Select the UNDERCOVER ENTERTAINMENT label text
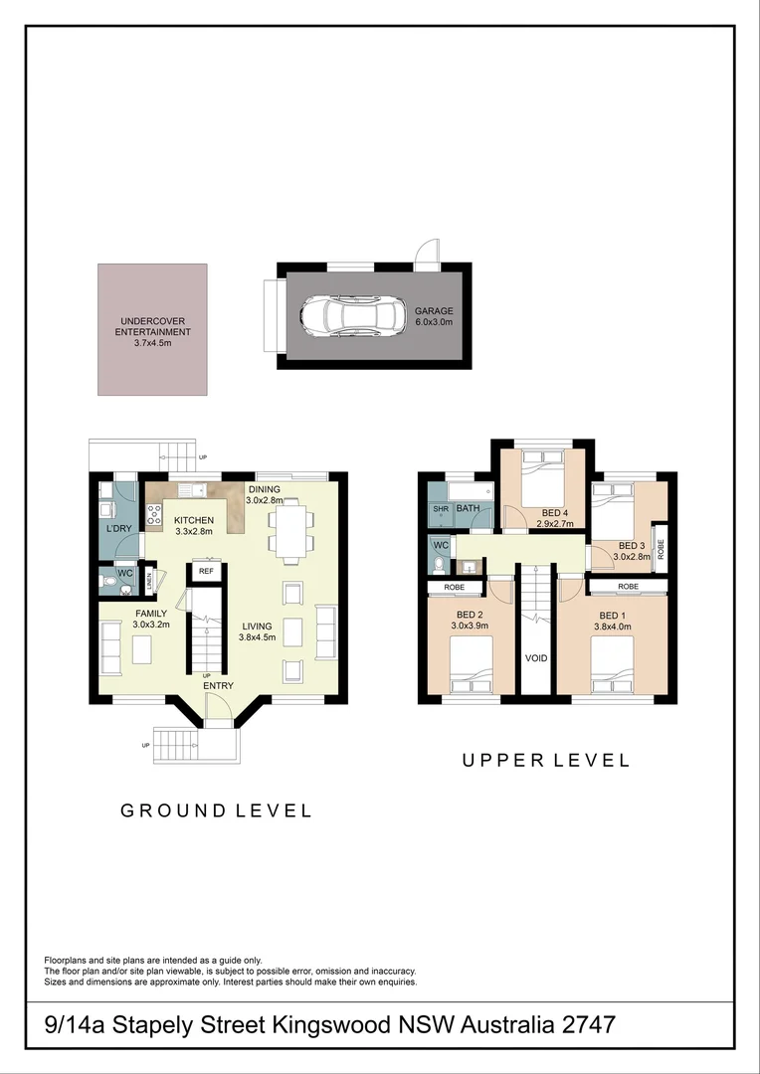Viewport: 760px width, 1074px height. pos(152,332)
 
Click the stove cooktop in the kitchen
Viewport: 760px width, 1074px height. pos(155,514)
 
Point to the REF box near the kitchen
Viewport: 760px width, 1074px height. pos(206,571)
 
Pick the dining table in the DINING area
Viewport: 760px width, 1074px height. pos(290,529)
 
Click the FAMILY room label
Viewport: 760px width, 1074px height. pos(151,614)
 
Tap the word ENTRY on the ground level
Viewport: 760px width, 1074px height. pos(219,687)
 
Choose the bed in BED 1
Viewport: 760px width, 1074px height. pos(611,661)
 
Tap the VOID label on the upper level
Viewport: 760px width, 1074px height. pos(535,658)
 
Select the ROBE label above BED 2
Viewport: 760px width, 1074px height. pos(454,588)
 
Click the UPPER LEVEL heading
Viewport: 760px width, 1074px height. pos(546,761)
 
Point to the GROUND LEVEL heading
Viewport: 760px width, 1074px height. pos(217,810)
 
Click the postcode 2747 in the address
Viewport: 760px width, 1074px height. pos(580,1024)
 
